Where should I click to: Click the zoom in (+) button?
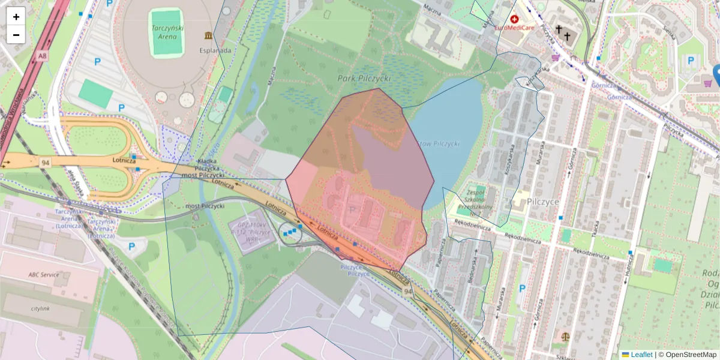pos(16,17)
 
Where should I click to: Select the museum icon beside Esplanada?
pos(208,36)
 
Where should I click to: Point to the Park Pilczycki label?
pos(364,78)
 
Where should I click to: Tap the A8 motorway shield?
pos(41,56)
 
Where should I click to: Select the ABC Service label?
pos(44,275)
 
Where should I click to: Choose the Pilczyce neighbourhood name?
pos(543,202)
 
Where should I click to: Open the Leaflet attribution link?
pos(641,355)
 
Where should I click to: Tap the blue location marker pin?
pos(717,75)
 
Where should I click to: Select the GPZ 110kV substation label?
pos(251,229)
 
